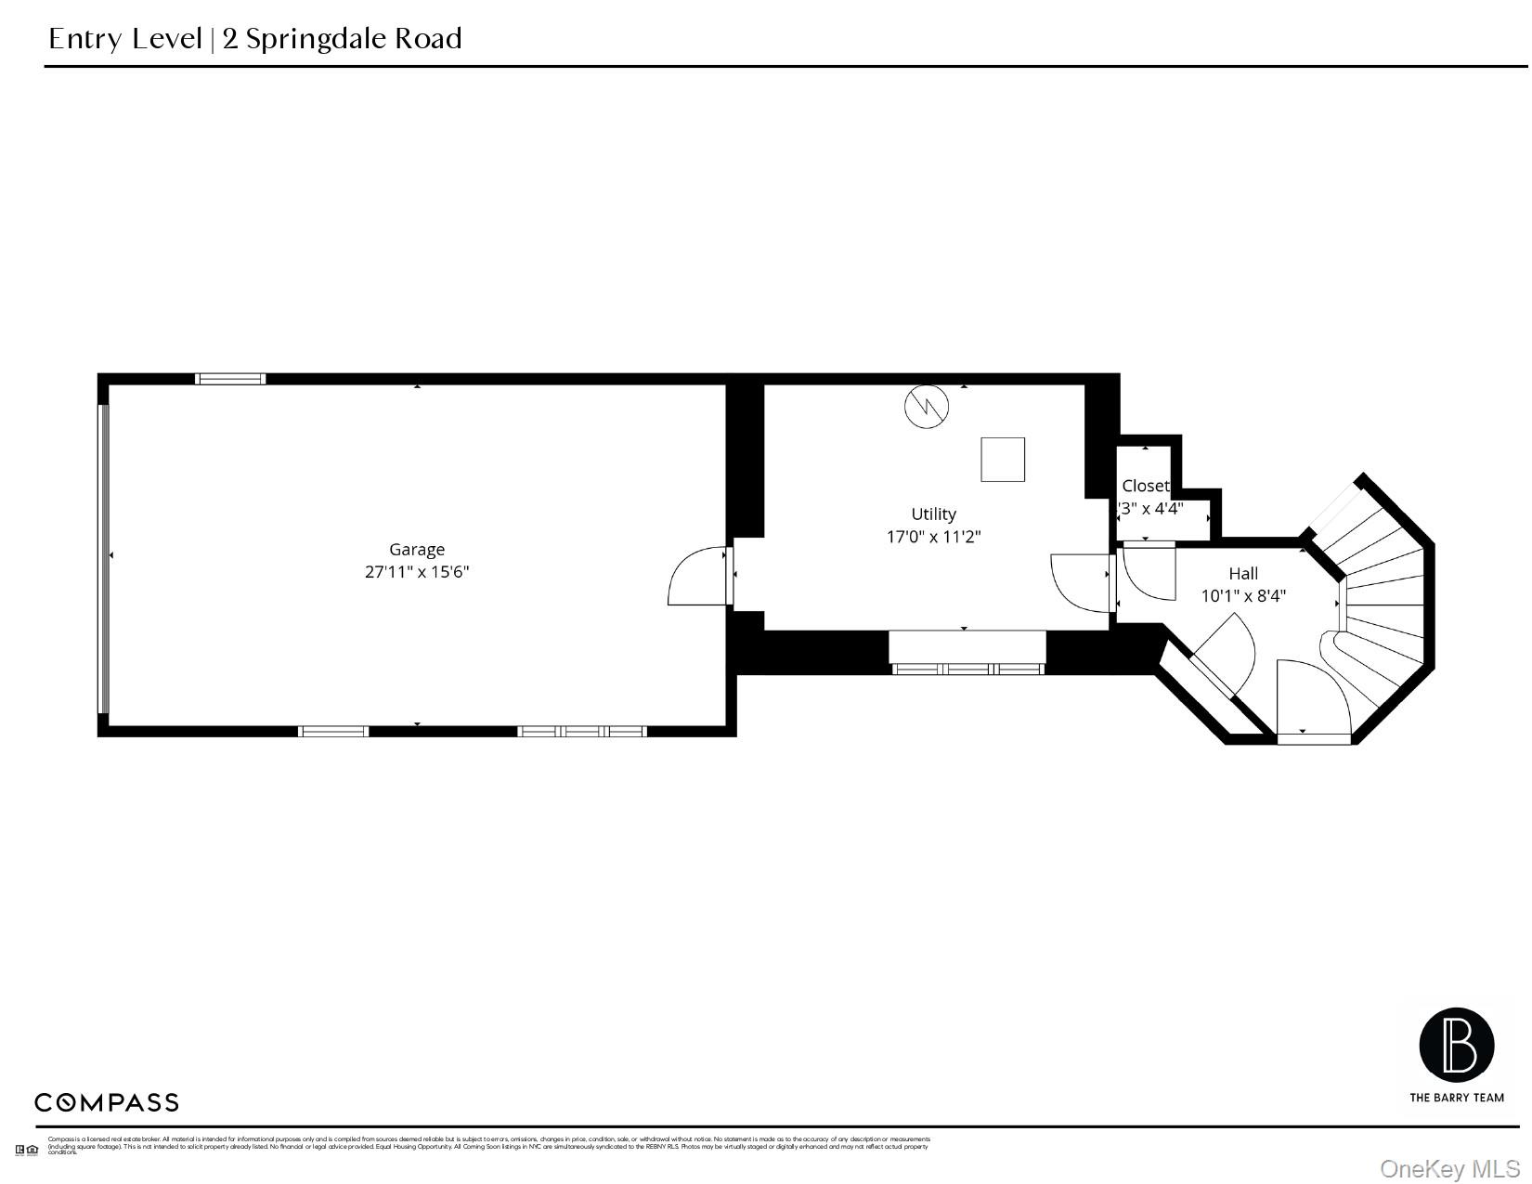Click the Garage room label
pyautogui.click(x=416, y=549)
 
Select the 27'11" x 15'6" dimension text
pyautogui.click(x=416, y=572)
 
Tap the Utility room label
pyautogui.click(x=933, y=514)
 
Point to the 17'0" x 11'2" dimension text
pyautogui.click(x=933, y=537)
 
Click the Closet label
pyautogui.click(x=1145, y=486)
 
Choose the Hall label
pyautogui.click(x=1243, y=573)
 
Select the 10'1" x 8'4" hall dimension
pyautogui.click(x=1243, y=596)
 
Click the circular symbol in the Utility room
pyautogui.click(x=927, y=406)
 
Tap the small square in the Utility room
pyautogui.click(x=1003, y=460)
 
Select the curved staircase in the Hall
pyautogui.click(x=1379, y=594)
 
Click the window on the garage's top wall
pyautogui.click(x=230, y=379)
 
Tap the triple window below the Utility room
pyautogui.click(x=967, y=669)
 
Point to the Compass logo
pyautogui.click(x=107, y=1102)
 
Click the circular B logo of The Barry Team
pyautogui.click(x=1456, y=1046)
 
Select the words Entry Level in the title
pyautogui.click(x=124, y=39)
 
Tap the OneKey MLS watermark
pyautogui.click(x=1449, y=1168)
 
